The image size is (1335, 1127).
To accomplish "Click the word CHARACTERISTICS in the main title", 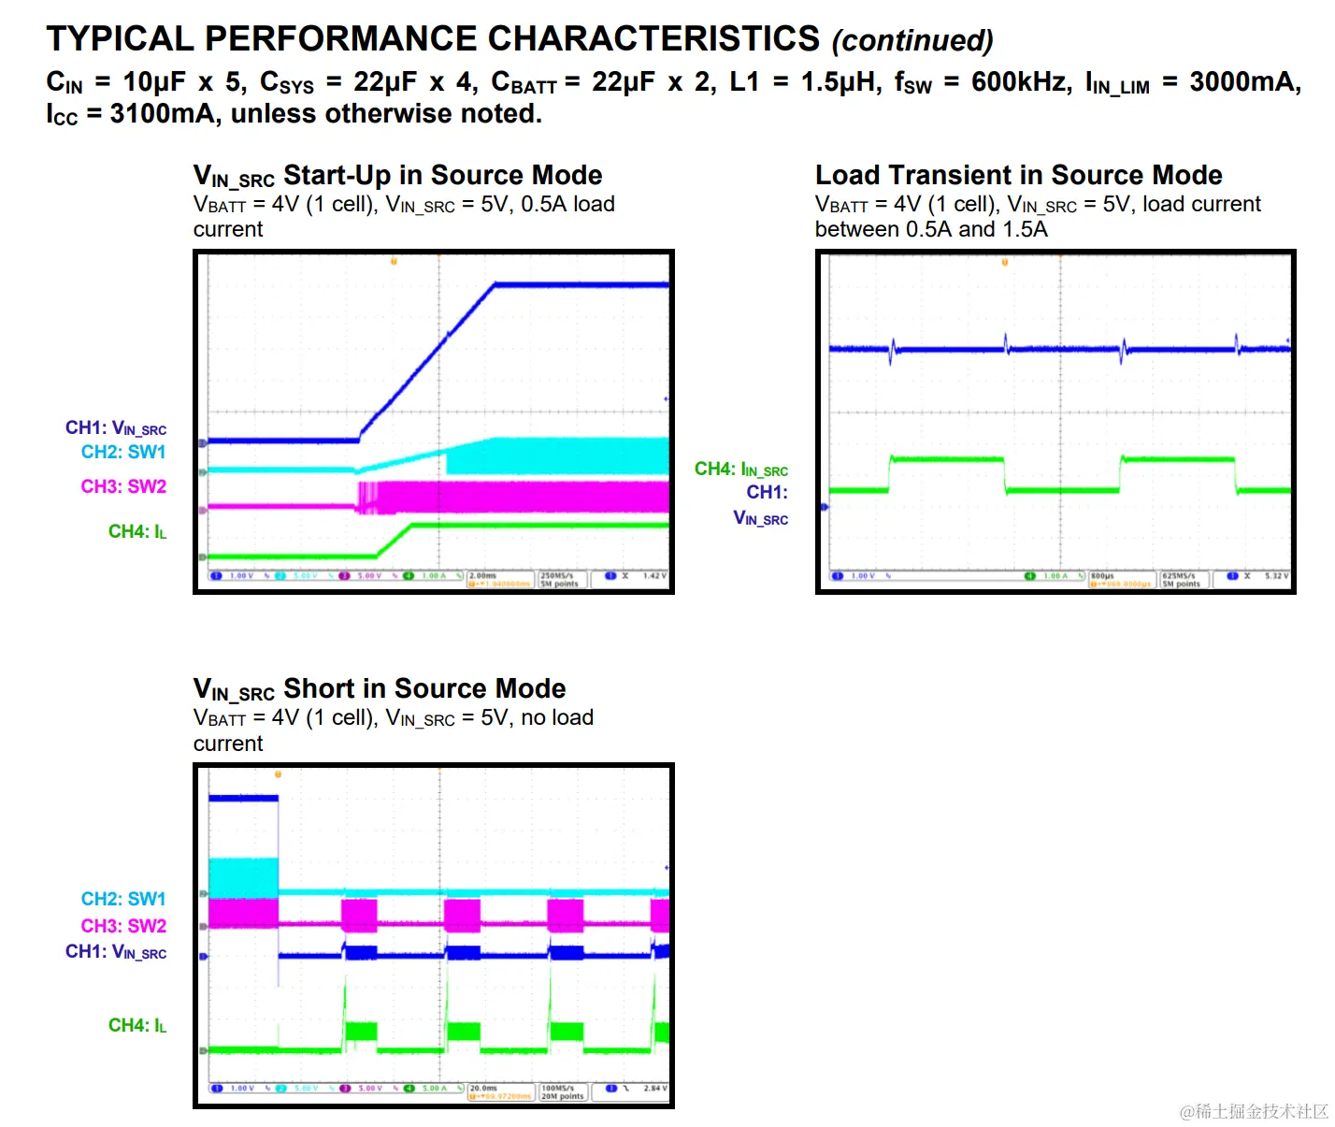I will pyautogui.click(x=653, y=39).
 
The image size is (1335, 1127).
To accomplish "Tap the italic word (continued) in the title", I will pyautogui.click(x=912, y=41).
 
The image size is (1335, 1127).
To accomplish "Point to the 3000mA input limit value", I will pyautogui.click(x=1243, y=82).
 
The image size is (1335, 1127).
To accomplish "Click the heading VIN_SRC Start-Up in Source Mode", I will pyautogui.click(x=397, y=176).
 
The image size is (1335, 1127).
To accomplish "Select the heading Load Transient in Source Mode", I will pyautogui.click(x=1018, y=176).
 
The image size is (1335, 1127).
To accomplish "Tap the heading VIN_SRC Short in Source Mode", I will pyautogui.click(x=379, y=689).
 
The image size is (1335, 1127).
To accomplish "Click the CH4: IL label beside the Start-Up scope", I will pyautogui.click(x=136, y=532).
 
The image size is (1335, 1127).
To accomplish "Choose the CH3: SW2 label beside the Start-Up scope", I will pyautogui.click(x=123, y=486).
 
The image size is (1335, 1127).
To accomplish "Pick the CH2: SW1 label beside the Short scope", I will pyautogui.click(x=123, y=899).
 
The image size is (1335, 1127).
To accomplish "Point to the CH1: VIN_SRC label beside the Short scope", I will pyautogui.click(x=116, y=952).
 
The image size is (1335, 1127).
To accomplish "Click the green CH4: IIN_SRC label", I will pyautogui.click(x=740, y=470).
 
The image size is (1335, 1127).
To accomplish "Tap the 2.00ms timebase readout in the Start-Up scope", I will pyautogui.click(x=483, y=576).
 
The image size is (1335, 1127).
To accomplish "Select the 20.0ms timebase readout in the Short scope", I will pyautogui.click(x=483, y=1089).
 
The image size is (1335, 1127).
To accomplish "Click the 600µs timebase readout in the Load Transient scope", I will pyautogui.click(x=1103, y=576).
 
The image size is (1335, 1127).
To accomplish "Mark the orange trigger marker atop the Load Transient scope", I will pyautogui.click(x=1005, y=262).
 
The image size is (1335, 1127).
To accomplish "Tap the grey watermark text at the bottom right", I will pyautogui.click(x=1254, y=1111).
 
